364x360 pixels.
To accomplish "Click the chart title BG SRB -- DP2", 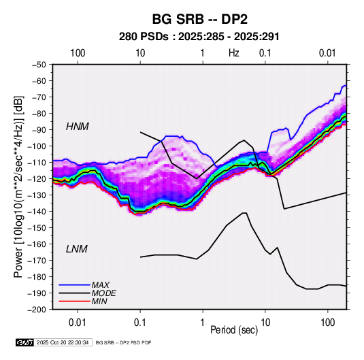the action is coord(199,19).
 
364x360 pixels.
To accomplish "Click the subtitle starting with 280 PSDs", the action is coord(199,37).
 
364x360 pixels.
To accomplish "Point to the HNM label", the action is coord(78,127).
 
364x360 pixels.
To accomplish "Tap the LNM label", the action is coord(77,249).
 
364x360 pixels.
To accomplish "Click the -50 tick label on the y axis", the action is coord(39,65).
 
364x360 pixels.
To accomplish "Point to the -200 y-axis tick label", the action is coord(37,310).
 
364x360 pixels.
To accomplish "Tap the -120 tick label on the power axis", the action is coord(37,179).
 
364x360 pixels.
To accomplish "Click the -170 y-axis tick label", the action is coord(37,261).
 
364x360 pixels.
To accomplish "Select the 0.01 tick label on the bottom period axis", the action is coord(78,323).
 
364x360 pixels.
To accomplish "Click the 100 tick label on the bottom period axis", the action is coord(327,323).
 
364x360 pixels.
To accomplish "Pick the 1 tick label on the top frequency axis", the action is coord(203,53).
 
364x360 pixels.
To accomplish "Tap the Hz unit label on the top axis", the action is coord(234,53).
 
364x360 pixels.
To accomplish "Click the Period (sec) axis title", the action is coord(234,330).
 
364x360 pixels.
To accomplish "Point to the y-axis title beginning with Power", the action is coord(18,186).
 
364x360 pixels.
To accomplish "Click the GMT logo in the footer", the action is coord(25,342).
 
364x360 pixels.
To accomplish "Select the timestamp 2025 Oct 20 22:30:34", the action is coord(63,342).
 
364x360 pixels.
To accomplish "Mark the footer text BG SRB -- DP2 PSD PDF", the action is coord(124,342).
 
